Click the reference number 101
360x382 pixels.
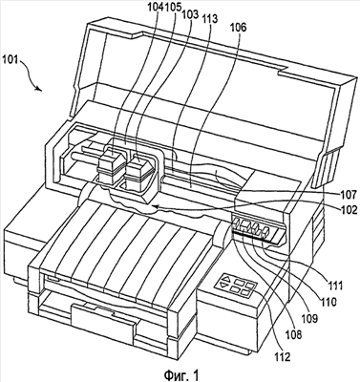tap(11, 59)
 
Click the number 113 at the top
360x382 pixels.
tap(209, 19)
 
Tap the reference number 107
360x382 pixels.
tap(349, 194)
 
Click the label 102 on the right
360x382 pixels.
tap(349, 210)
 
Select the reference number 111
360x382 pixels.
tap(333, 286)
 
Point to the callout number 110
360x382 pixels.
tap(328, 302)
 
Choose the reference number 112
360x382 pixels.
tap(283, 357)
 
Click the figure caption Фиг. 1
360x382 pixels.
tap(181, 374)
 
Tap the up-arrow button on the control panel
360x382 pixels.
tap(226, 278)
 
